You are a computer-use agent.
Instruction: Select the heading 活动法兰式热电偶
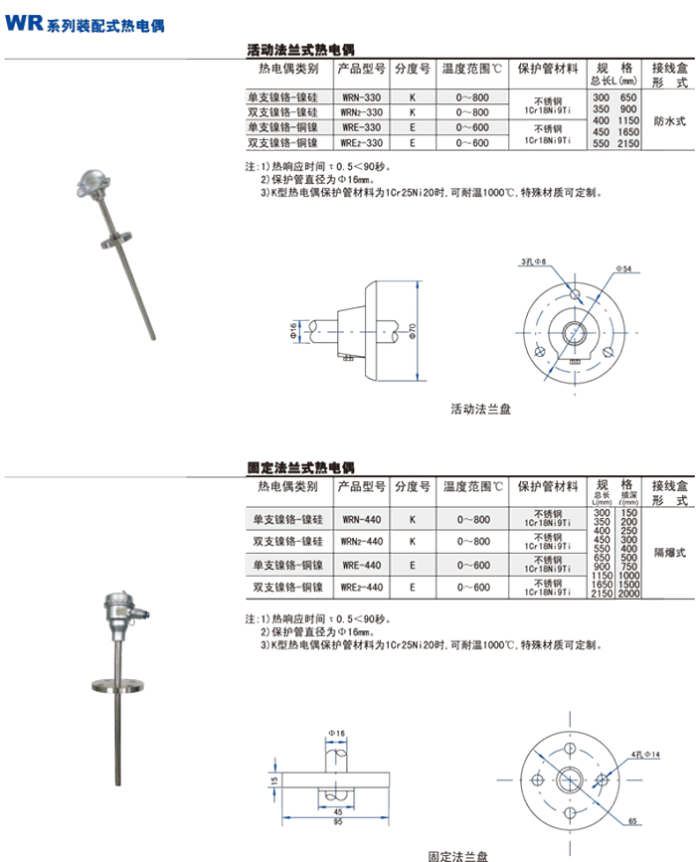click(x=300, y=48)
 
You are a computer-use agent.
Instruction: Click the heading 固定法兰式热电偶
click(x=300, y=466)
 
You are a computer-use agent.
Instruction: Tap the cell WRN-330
click(x=361, y=98)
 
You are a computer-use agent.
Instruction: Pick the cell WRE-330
click(x=361, y=128)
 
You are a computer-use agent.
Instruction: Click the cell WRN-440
click(x=361, y=519)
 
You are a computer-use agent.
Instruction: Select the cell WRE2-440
click(x=361, y=588)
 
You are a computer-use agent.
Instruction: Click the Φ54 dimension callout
click(x=624, y=269)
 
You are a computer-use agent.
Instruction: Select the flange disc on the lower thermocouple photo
click(x=118, y=685)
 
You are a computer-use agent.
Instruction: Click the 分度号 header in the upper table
click(x=412, y=70)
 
